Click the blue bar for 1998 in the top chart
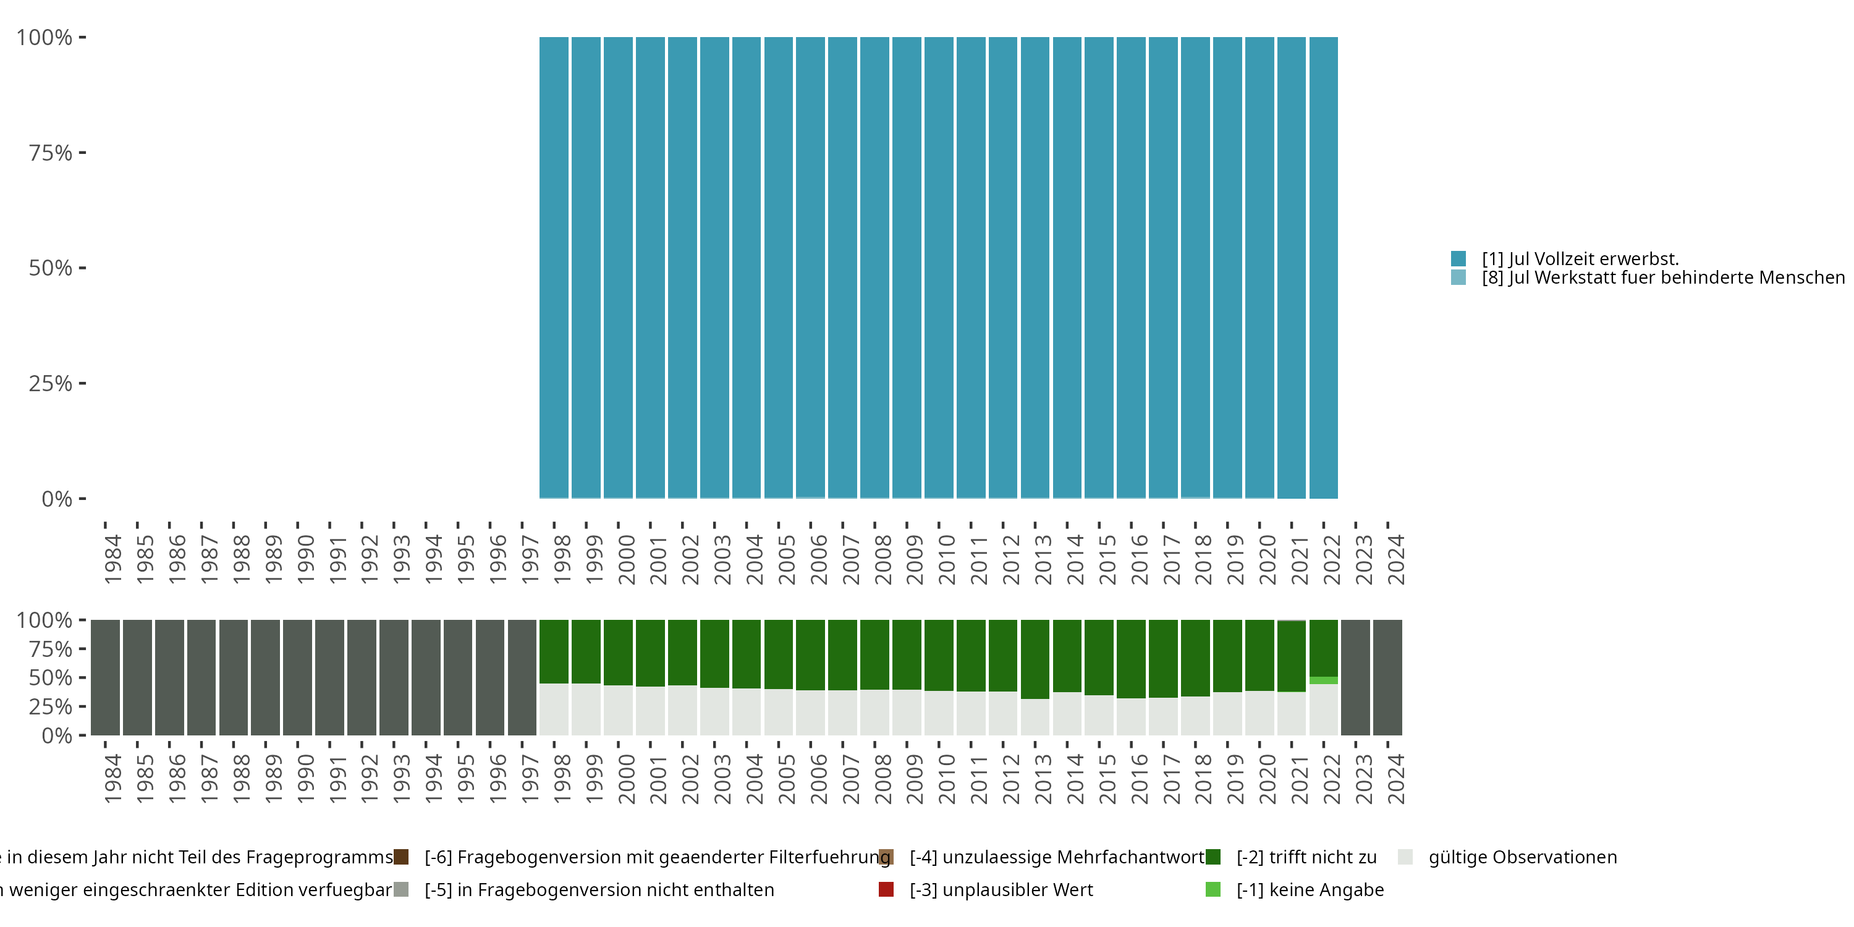point(554,266)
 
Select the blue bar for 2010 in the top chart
point(939,266)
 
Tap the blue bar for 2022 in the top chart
point(1324,266)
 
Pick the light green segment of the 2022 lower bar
point(1324,680)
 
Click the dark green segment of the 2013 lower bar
point(1035,659)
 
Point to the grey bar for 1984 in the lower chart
point(105,677)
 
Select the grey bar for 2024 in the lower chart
point(1387,677)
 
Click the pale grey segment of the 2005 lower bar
point(778,713)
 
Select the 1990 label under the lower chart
point(305,779)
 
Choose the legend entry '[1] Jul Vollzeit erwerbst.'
point(1580,258)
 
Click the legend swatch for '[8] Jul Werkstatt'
point(1458,277)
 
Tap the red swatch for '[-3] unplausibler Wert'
point(886,889)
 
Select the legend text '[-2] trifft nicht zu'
point(1306,857)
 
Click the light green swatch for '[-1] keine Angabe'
point(1213,889)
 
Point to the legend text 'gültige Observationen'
point(1522,857)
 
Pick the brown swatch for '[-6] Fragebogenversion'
point(401,857)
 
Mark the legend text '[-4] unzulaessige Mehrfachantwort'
point(1057,857)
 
